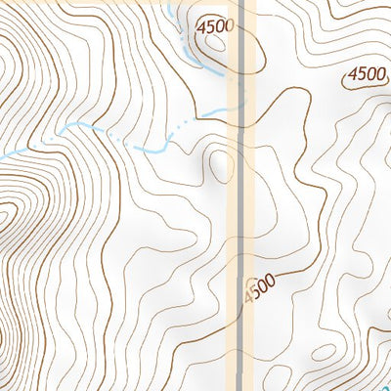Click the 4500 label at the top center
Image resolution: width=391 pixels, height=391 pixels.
click(214, 26)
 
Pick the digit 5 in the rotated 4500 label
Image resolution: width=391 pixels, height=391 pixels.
click(256, 292)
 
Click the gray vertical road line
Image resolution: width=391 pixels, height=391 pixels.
click(241, 195)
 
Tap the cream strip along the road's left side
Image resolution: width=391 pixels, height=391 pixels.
click(233, 195)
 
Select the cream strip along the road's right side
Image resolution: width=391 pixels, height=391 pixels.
click(250, 195)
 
